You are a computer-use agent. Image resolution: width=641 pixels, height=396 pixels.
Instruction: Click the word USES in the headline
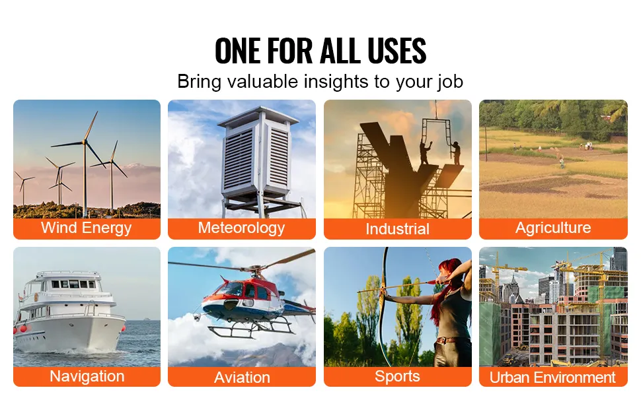pos(396,51)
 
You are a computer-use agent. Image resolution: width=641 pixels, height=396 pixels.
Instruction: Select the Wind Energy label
pos(87,228)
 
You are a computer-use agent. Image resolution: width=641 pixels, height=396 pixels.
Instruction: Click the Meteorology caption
pos(242,228)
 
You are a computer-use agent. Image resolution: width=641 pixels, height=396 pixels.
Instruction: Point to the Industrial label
pos(397,228)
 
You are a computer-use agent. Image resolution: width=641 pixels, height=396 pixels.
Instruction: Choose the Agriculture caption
pos(553,228)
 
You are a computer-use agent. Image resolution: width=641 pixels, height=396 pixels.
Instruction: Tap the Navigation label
pos(87,376)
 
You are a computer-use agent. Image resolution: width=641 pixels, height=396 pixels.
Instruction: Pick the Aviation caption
pos(242,378)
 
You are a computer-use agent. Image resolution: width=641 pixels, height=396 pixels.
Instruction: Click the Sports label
pos(397,376)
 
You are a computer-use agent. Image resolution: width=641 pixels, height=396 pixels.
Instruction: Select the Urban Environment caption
pos(552,378)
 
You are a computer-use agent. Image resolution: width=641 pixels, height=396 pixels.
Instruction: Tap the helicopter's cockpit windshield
pos(230,289)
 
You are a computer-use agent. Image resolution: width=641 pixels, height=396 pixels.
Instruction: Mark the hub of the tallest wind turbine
pos(85,142)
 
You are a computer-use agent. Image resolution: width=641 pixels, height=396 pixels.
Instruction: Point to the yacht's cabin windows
pos(73,284)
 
